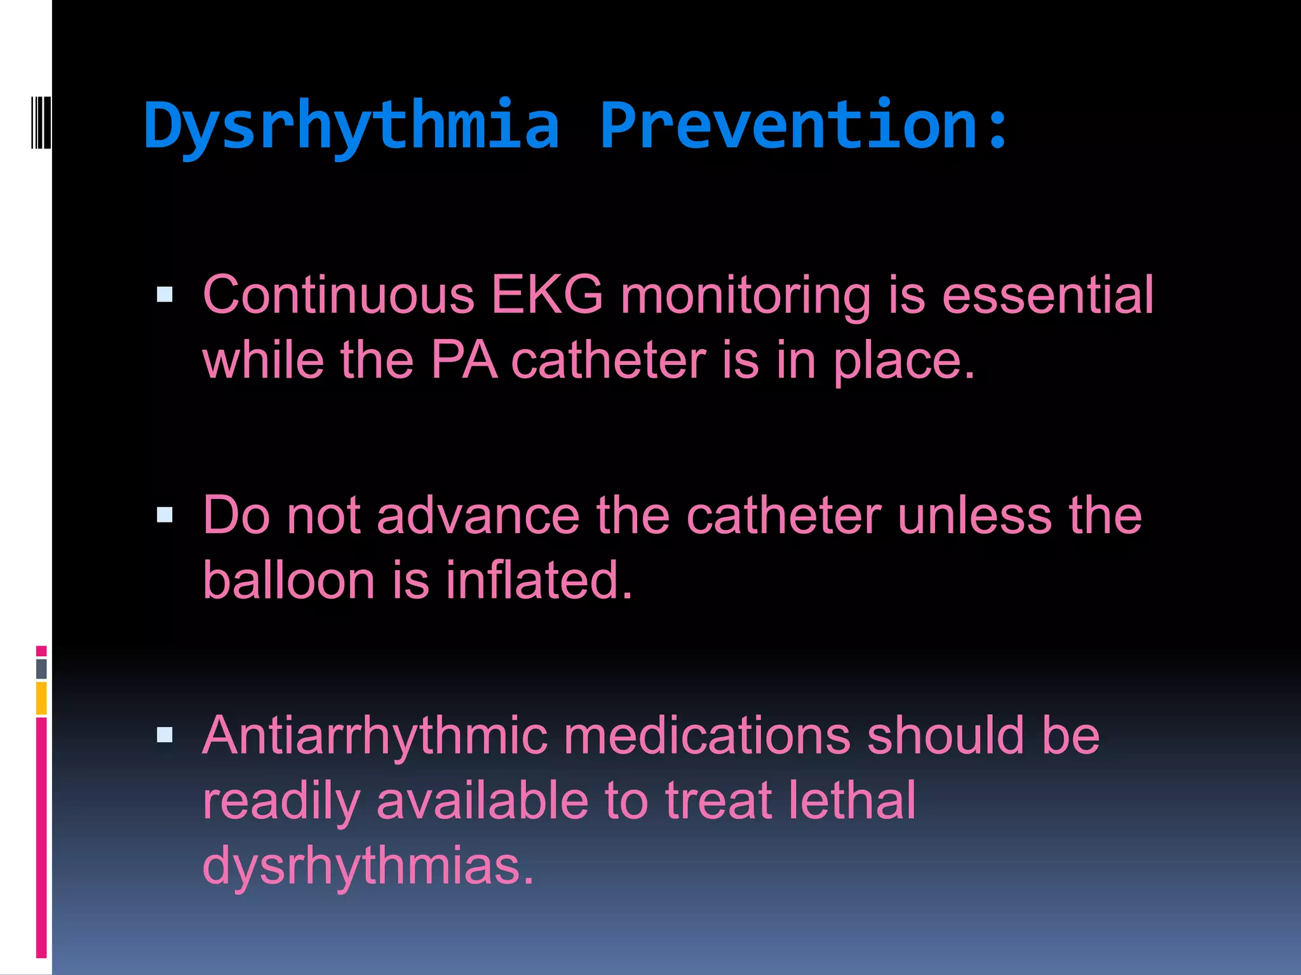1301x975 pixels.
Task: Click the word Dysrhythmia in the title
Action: tap(351, 126)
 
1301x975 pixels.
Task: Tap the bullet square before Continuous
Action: tap(165, 294)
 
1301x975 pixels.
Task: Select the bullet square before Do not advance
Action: tap(165, 514)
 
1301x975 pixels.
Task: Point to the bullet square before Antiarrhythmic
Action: tap(165, 734)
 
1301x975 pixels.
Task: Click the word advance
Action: tap(478, 515)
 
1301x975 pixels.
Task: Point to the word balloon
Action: tap(289, 580)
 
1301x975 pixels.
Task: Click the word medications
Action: tap(706, 736)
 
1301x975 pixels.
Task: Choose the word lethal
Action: tap(852, 800)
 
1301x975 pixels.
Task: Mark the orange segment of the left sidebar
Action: tap(41, 698)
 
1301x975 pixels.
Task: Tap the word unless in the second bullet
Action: tap(975, 515)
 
